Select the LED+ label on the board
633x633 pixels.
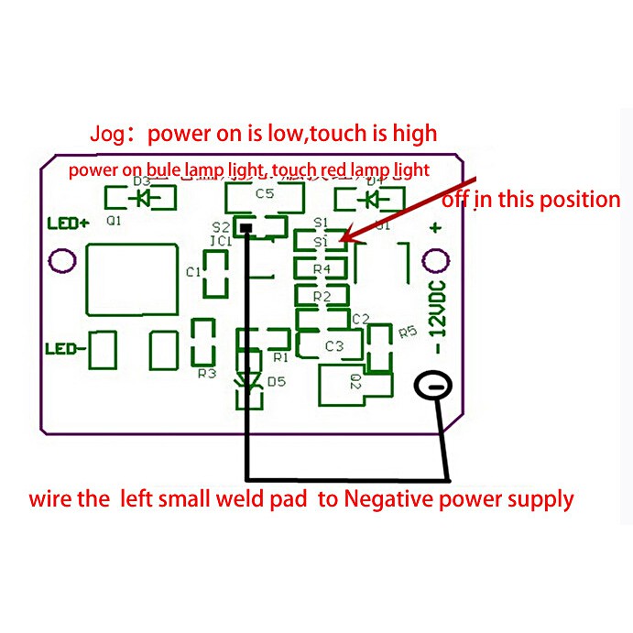click(67, 224)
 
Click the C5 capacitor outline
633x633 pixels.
click(265, 195)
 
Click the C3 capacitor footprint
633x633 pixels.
click(333, 346)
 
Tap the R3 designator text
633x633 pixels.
click(207, 374)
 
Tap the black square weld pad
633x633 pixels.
click(245, 224)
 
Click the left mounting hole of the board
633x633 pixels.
click(61, 262)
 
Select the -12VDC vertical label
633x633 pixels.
click(438, 317)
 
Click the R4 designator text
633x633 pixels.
click(321, 269)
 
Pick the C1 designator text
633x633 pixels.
click(193, 272)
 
